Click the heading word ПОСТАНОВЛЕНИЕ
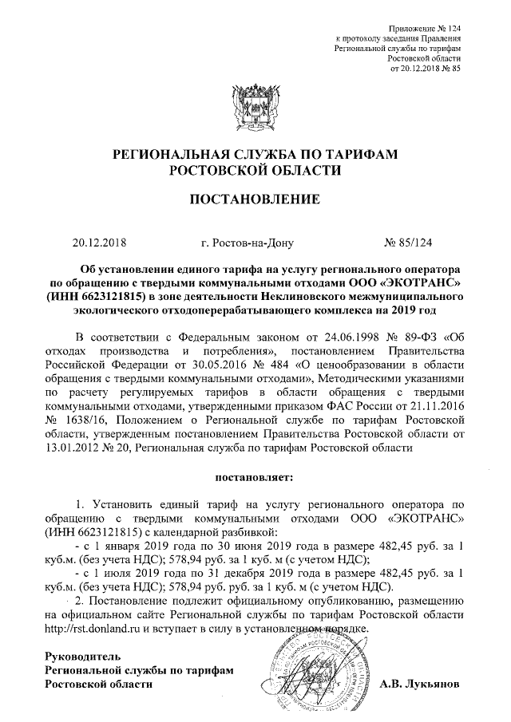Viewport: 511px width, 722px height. click(x=254, y=198)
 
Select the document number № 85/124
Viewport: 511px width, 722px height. click(x=410, y=241)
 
